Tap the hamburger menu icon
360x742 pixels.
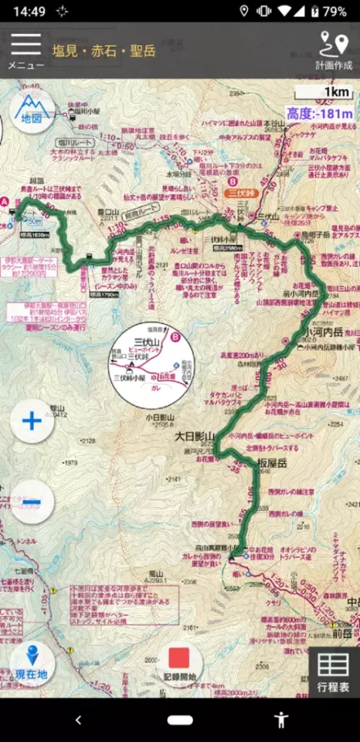click(25, 46)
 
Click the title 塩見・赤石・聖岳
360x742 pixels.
click(104, 52)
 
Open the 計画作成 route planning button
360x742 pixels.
click(334, 50)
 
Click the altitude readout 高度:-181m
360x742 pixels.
click(320, 114)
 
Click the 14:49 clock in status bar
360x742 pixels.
click(29, 12)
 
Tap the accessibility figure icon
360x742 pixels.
click(281, 720)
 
